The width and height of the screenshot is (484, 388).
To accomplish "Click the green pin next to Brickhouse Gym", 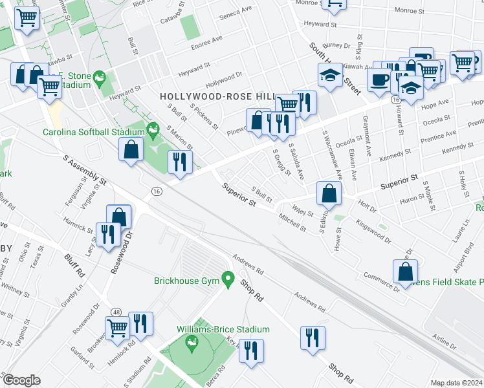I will tap(227, 280).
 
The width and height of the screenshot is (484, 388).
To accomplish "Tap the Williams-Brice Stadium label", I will tap(223, 329).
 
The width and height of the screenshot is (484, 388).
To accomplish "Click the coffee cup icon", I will tap(379, 79).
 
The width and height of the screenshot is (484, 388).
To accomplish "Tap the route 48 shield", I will tap(116, 312).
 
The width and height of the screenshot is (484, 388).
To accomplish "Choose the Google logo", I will tap(21, 380).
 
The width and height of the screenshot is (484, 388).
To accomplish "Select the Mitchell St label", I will tap(292, 222).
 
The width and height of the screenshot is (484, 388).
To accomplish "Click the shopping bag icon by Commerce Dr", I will tap(405, 272).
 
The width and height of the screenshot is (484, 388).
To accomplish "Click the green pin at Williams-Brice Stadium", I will tap(191, 341).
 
